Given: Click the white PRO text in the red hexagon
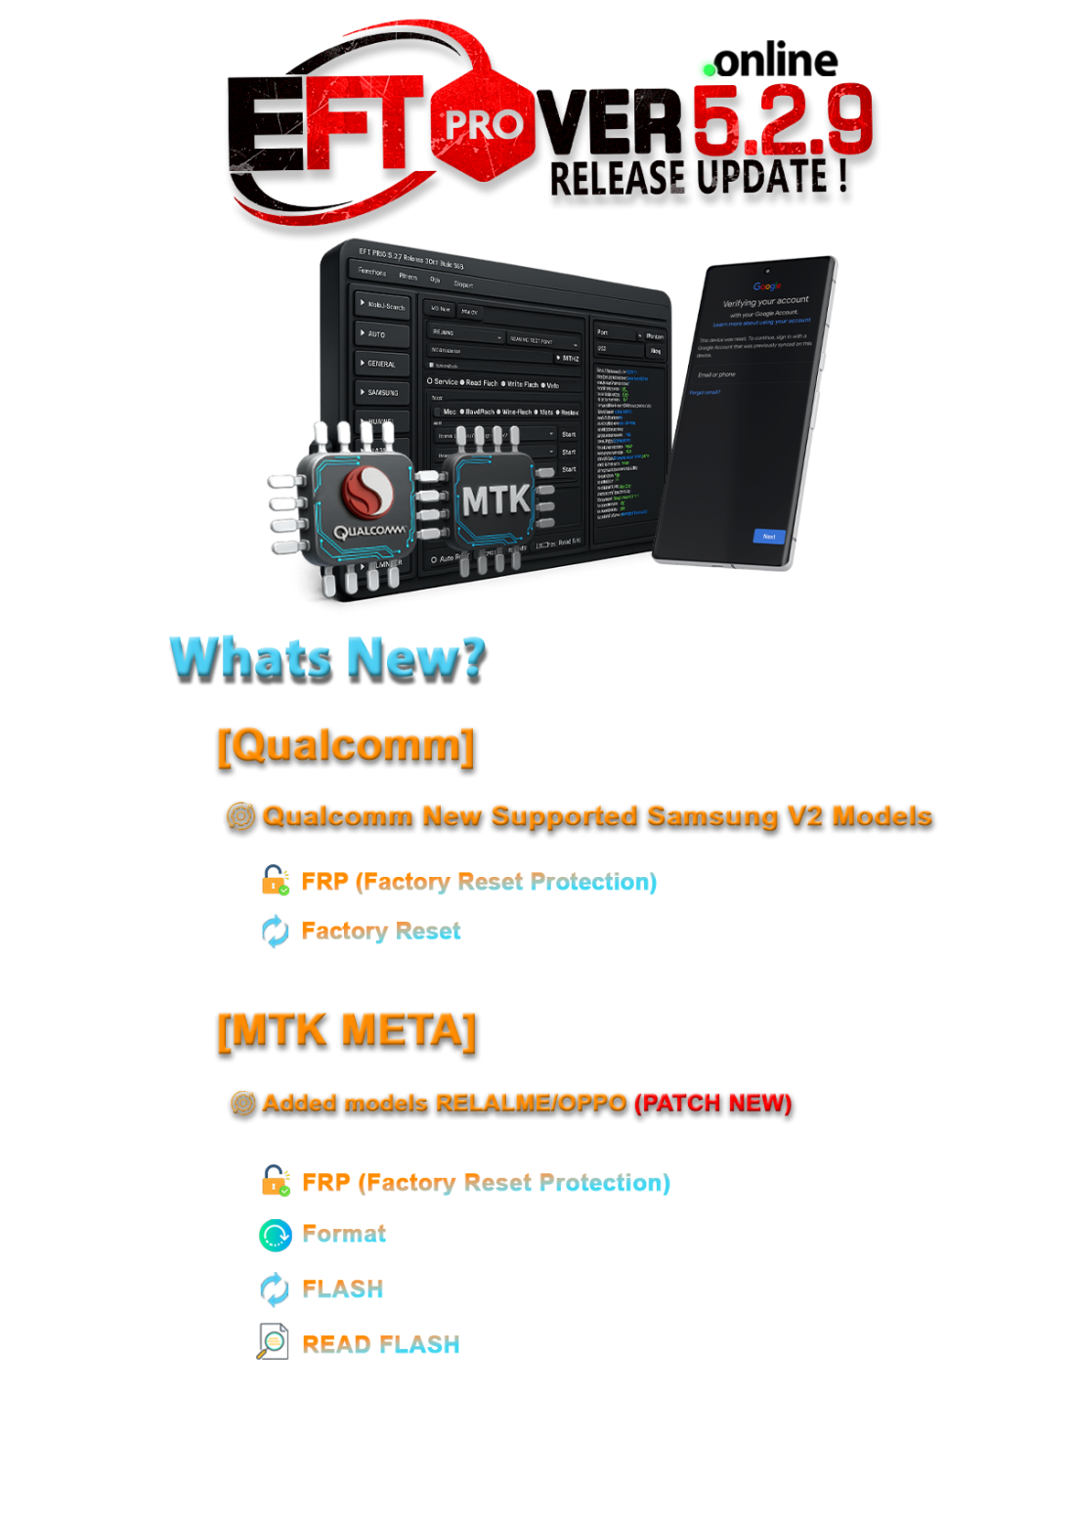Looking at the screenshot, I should click(484, 125).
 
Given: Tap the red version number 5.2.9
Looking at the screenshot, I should click(782, 119).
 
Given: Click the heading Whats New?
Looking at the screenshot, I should click(327, 657).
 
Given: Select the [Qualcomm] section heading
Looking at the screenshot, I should click(345, 745).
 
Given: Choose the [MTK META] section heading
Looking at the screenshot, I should click(346, 1029).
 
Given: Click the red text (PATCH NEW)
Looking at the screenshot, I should click(712, 1103).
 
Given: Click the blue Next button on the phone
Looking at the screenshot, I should click(769, 537).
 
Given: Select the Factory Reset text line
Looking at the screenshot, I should click(381, 932).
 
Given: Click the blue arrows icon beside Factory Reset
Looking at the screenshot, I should click(276, 932).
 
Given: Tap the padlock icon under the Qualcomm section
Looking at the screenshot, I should click(276, 881).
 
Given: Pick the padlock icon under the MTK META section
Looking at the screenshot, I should click(276, 1181).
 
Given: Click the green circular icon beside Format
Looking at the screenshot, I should click(275, 1235).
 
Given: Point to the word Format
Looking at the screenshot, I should click(344, 1234).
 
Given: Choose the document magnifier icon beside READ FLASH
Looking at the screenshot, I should click(274, 1342).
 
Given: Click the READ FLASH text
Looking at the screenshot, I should click(380, 1345).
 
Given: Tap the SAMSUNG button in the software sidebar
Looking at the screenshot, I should click(382, 392).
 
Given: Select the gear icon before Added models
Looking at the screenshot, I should click(242, 1103).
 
